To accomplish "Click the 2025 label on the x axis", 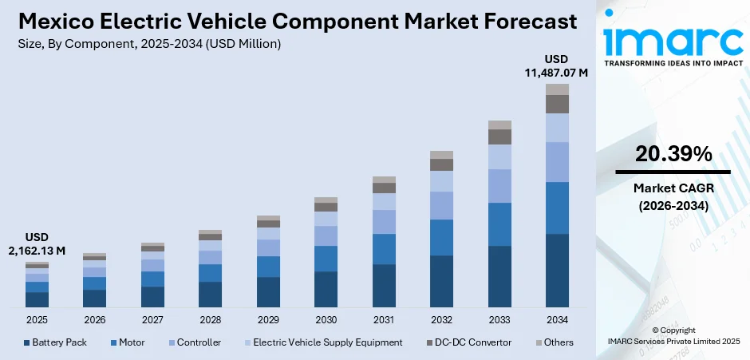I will click(x=37, y=319).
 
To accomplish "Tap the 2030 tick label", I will click(x=326, y=319).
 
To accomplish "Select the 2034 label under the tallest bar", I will click(x=557, y=319).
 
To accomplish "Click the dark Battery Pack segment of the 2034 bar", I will click(x=557, y=271).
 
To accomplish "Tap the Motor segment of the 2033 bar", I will click(x=499, y=224).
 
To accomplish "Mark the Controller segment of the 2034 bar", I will click(x=557, y=162).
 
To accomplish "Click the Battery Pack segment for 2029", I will click(x=268, y=292).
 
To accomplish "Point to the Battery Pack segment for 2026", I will click(x=94, y=299).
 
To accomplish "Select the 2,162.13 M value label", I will click(x=37, y=251).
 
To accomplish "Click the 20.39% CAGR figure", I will click(x=673, y=156).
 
